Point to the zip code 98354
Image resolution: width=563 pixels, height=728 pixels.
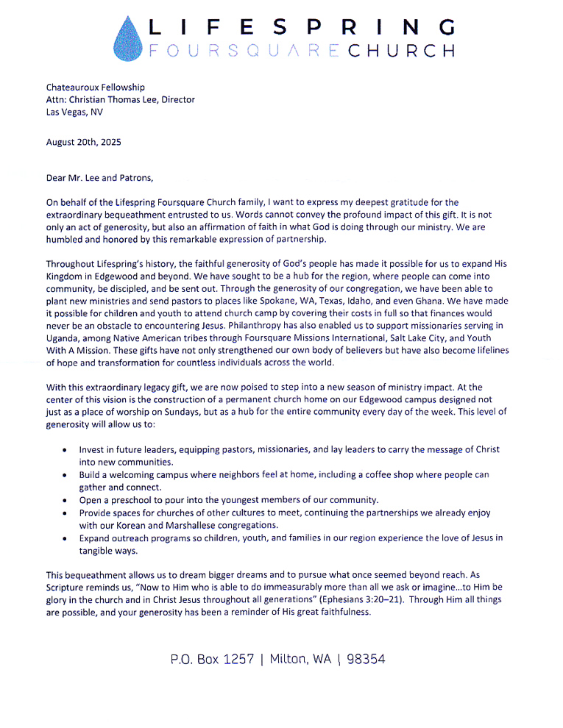tap(367, 659)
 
